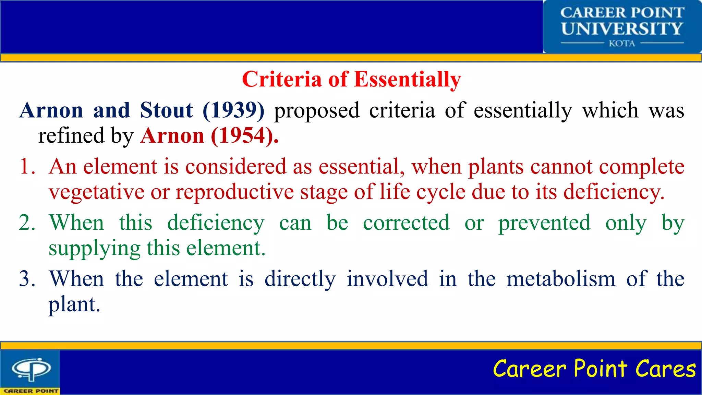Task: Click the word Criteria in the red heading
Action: coord(282,80)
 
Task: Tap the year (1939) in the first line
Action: coord(234,110)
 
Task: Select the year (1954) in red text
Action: coord(244,136)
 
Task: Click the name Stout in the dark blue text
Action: coord(167,110)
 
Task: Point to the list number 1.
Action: coord(27,167)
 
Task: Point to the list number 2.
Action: coord(27,223)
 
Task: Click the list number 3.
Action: coord(27,279)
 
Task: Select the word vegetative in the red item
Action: coord(96,192)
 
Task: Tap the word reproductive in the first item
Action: coord(235,192)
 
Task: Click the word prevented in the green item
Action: coord(544,223)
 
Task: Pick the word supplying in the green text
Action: coord(94,248)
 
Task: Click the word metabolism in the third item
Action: coord(561,279)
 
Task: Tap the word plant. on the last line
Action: coord(74,304)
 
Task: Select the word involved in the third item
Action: coord(387,279)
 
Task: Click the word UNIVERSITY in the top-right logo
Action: coord(622,28)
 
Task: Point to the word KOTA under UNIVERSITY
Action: coord(622,44)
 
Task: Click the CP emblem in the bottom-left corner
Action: coord(32,369)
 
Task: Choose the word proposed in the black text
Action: coord(317,110)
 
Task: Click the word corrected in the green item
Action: coord(406,223)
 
